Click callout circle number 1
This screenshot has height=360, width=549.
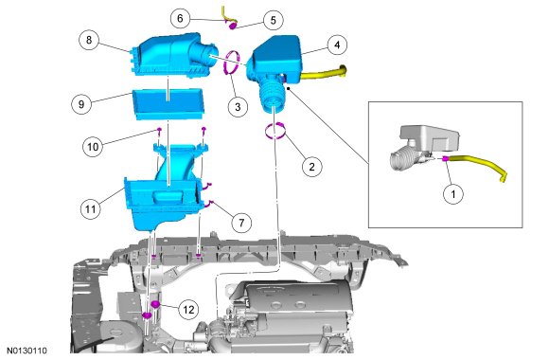point(453,193)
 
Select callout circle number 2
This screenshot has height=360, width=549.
point(312,167)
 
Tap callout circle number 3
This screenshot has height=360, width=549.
point(238,106)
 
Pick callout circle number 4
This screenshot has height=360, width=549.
point(337,45)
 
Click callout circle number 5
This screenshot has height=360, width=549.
point(274,20)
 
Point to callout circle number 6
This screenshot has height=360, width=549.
point(180,18)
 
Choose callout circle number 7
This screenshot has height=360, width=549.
point(241,223)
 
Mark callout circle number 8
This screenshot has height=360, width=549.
point(89,40)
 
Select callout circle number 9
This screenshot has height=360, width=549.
point(81,104)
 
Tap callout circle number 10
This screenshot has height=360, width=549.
point(93,146)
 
